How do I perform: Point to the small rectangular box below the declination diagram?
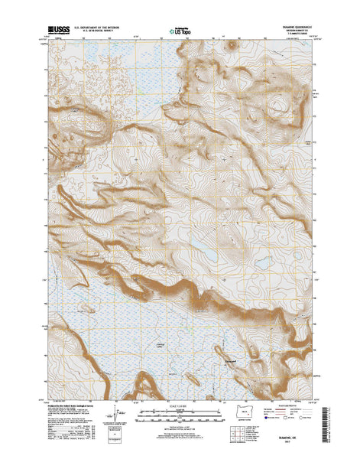(x=117, y=441)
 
